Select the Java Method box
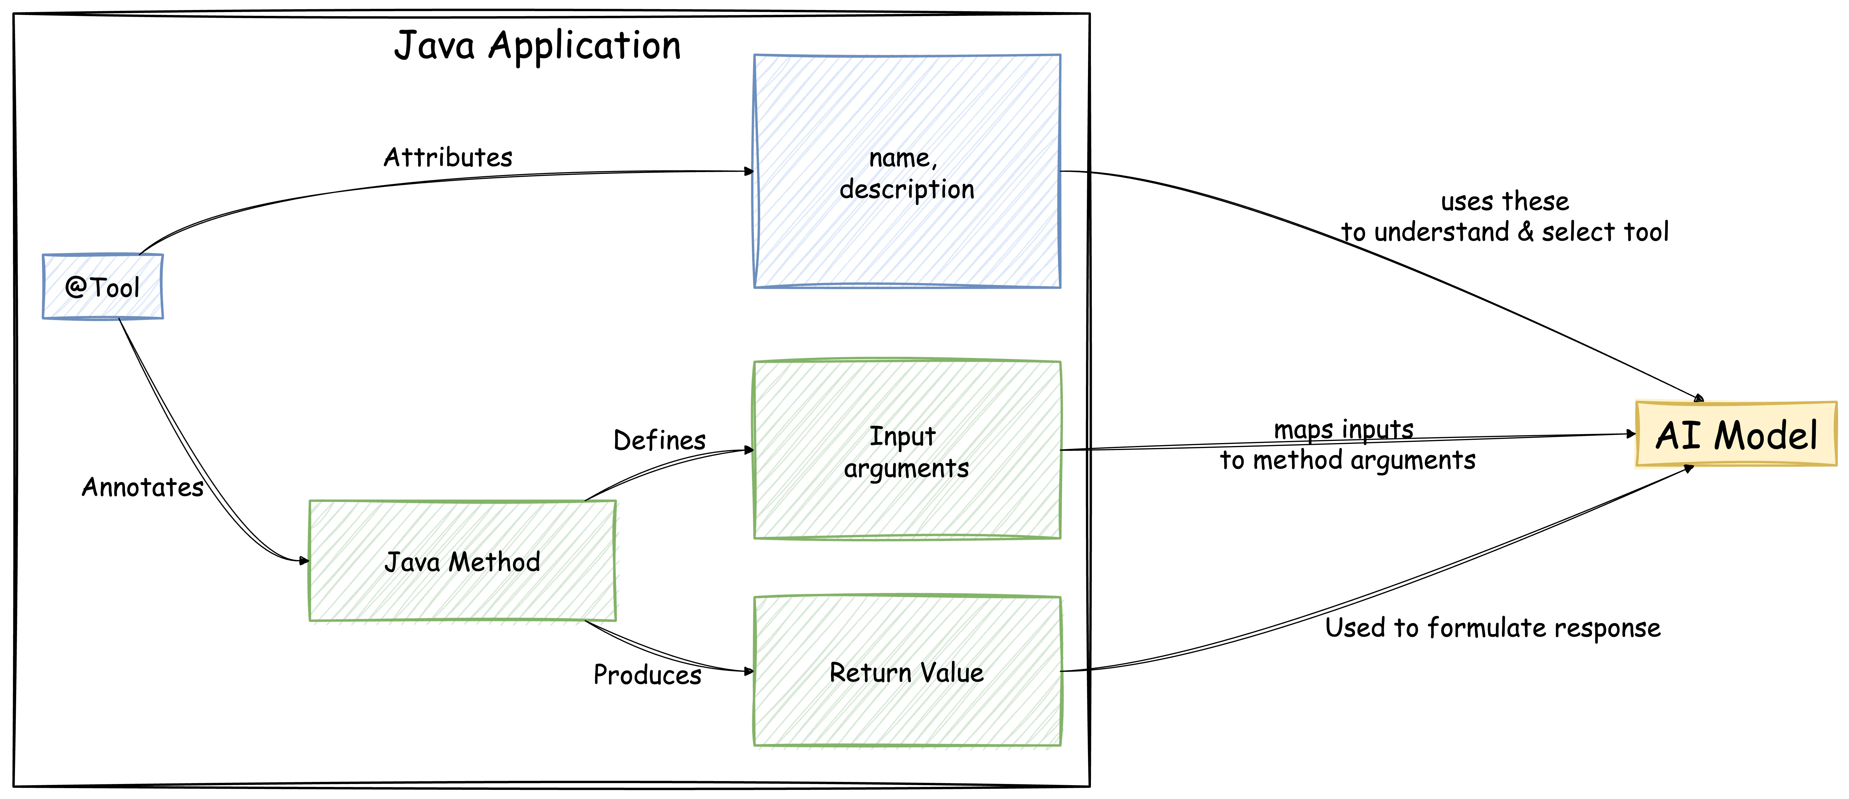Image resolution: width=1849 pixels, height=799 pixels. click(462, 561)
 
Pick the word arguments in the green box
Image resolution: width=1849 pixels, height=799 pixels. click(906, 468)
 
